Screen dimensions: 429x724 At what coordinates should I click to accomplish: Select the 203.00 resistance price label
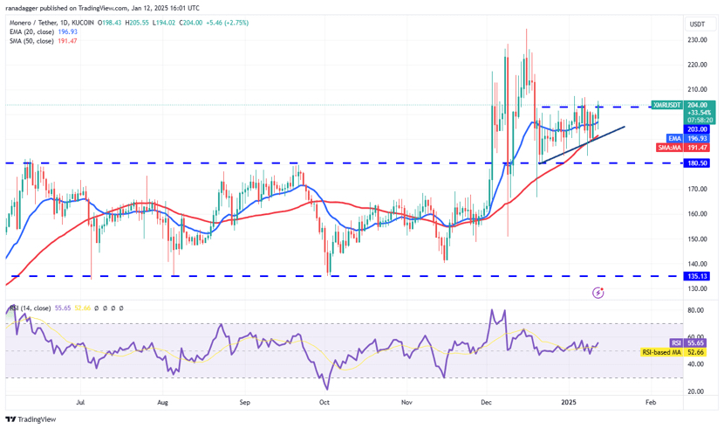click(673, 128)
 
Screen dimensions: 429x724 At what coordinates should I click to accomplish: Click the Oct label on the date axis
click(324, 403)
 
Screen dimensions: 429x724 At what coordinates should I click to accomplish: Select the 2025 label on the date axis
click(568, 403)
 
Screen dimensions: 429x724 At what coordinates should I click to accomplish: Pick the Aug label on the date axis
click(162, 403)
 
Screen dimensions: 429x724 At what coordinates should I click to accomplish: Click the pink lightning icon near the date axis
click(598, 292)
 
